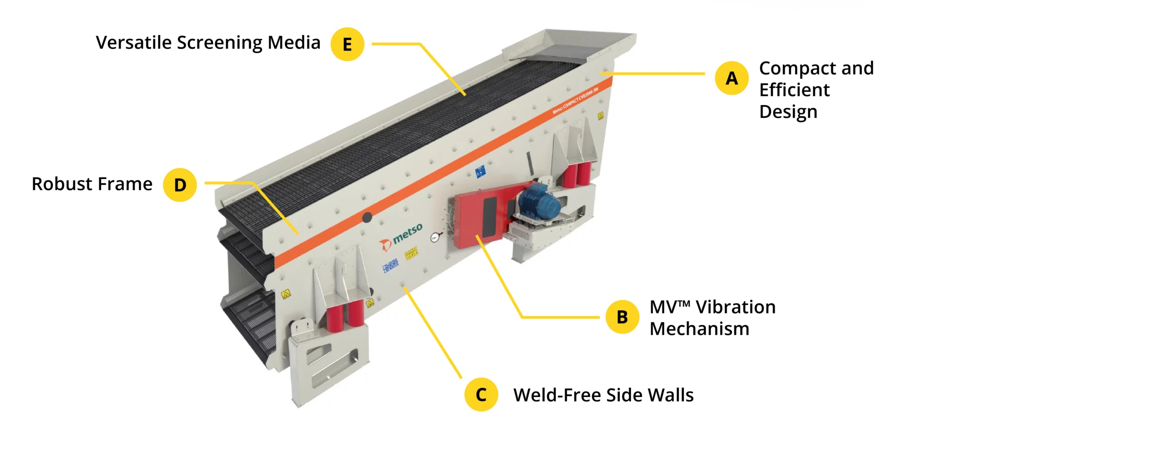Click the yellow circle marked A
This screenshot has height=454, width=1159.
(x=731, y=78)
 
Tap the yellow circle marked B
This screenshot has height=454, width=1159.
(x=622, y=317)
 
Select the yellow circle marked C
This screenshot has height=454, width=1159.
(x=481, y=395)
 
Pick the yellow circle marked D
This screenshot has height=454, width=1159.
(x=180, y=184)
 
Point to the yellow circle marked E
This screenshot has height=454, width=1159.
(x=347, y=44)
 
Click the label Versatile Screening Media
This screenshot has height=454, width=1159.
(x=208, y=43)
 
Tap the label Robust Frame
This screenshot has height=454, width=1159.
(x=92, y=184)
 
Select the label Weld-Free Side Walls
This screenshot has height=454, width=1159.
(x=603, y=395)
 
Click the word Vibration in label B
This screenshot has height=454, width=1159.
(x=735, y=307)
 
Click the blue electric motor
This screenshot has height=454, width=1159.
(x=540, y=203)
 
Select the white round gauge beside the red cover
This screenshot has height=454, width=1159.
(x=435, y=237)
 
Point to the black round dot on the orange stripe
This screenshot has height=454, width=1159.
(x=367, y=217)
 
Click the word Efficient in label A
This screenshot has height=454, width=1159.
(x=794, y=90)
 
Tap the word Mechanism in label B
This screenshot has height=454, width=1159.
(x=699, y=329)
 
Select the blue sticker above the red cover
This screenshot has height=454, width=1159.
(x=480, y=171)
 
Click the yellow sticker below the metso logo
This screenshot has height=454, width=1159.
(x=411, y=253)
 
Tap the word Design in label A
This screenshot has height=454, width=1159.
(x=788, y=112)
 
